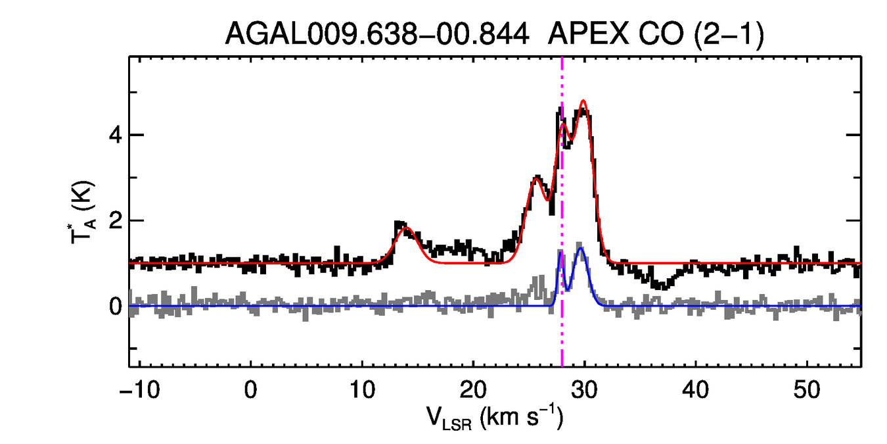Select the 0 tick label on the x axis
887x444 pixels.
point(250,389)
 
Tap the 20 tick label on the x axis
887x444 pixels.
point(472,389)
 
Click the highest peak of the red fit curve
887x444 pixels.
point(583,101)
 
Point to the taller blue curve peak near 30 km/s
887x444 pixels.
point(580,248)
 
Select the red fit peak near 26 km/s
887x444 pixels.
point(537,178)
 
